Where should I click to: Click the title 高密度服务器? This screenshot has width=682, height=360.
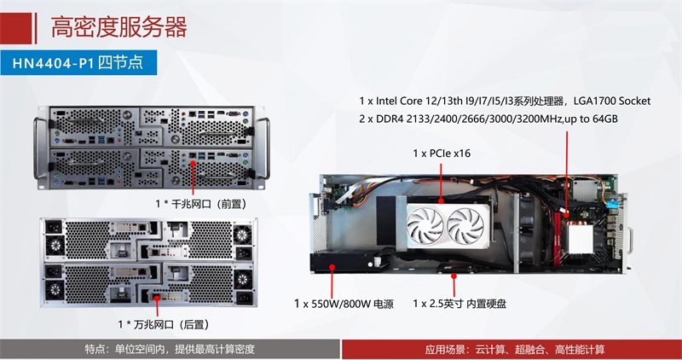(118, 26)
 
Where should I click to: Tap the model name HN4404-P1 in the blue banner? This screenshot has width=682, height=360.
(53, 63)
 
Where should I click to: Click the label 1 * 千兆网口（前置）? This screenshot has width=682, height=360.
(201, 204)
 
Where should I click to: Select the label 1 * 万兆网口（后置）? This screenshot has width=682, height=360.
(164, 324)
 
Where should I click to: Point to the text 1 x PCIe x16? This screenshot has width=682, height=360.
(442, 154)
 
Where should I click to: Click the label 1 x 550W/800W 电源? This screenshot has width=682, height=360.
(344, 304)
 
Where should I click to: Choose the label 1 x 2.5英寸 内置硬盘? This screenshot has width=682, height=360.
(459, 304)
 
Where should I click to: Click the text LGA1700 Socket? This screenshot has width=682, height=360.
(612, 101)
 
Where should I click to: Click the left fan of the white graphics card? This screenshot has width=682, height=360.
(425, 225)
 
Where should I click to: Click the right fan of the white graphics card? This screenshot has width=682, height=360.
(465, 225)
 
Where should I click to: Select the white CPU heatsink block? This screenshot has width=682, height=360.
(579, 239)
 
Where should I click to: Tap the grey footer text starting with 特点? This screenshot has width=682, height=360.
(170, 349)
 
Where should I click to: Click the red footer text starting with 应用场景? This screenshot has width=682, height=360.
(515, 350)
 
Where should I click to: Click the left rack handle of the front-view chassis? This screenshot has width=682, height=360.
(42, 148)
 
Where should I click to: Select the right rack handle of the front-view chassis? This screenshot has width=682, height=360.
(262, 148)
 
